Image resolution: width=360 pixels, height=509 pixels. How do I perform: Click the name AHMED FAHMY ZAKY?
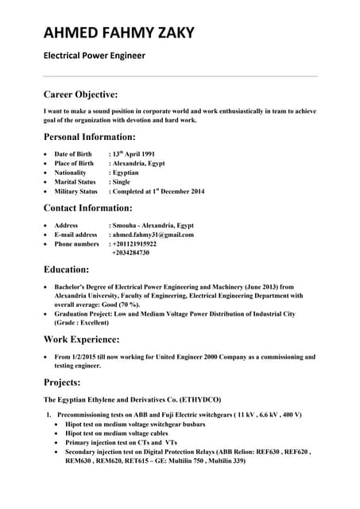(118, 33)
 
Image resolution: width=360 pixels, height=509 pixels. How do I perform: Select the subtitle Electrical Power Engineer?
(94, 56)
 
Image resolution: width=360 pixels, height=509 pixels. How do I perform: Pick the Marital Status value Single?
(122, 182)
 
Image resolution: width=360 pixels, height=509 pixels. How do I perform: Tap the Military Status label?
(75, 192)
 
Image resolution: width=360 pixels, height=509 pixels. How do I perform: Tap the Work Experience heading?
(87, 340)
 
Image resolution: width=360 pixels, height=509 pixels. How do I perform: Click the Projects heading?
(62, 383)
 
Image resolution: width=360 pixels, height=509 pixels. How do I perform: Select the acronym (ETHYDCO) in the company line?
(194, 399)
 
